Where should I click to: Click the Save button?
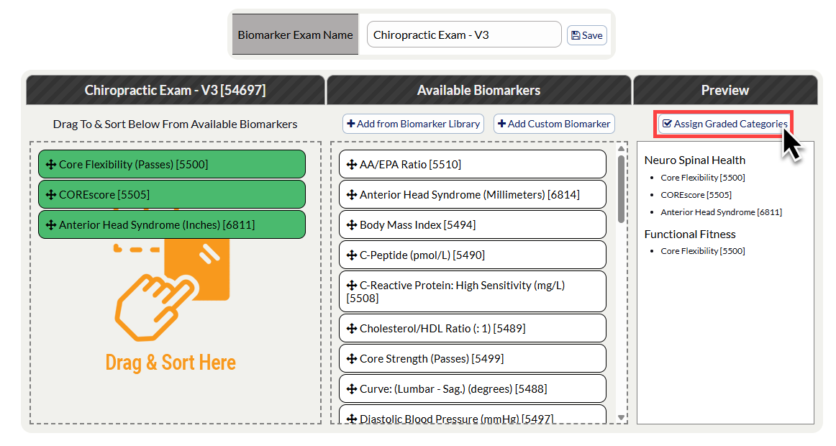(x=586, y=35)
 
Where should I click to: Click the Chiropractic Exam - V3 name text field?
(x=464, y=35)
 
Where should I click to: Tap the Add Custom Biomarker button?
(x=554, y=124)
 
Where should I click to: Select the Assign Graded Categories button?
(x=724, y=124)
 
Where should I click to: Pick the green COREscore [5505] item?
(x=172, y=194)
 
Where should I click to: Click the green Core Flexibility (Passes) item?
(x=172, y=164)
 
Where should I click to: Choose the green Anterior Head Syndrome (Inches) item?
(x=172, y=225)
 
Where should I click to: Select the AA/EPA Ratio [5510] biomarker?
(x=473, y=164)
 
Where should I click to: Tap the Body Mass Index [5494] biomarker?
(x=473, y=225)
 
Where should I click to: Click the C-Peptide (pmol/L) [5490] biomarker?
(x=473, y=255)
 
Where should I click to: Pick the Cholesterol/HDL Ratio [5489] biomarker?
(x=473, y=328)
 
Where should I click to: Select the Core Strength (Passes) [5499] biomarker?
(x=473, y=359)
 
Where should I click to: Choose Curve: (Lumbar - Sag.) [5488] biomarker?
(x=473, y=389)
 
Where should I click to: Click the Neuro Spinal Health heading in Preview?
(x=695, y=160)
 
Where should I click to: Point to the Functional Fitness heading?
(x=690, y=234)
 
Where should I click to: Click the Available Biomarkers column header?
(x=478, y=90)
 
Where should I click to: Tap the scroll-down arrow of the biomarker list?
(x=621, y=418)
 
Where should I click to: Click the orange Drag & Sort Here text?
(x=171, y=363)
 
